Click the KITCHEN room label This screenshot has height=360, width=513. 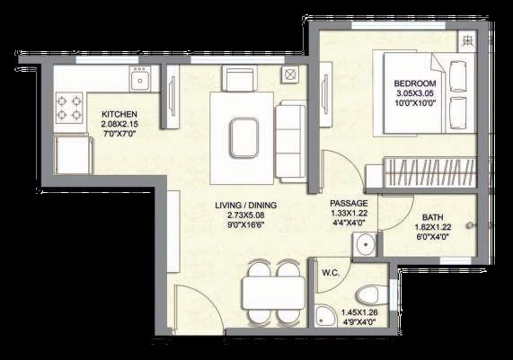(119, 114)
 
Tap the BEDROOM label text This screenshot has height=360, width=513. (414, 84)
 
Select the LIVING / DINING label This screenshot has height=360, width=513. (245, 206)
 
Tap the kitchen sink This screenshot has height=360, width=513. (139, 82)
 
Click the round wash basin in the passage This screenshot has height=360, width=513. (365, 245)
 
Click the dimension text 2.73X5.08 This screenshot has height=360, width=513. (245, 216)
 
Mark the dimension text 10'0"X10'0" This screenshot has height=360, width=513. (414, 104)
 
